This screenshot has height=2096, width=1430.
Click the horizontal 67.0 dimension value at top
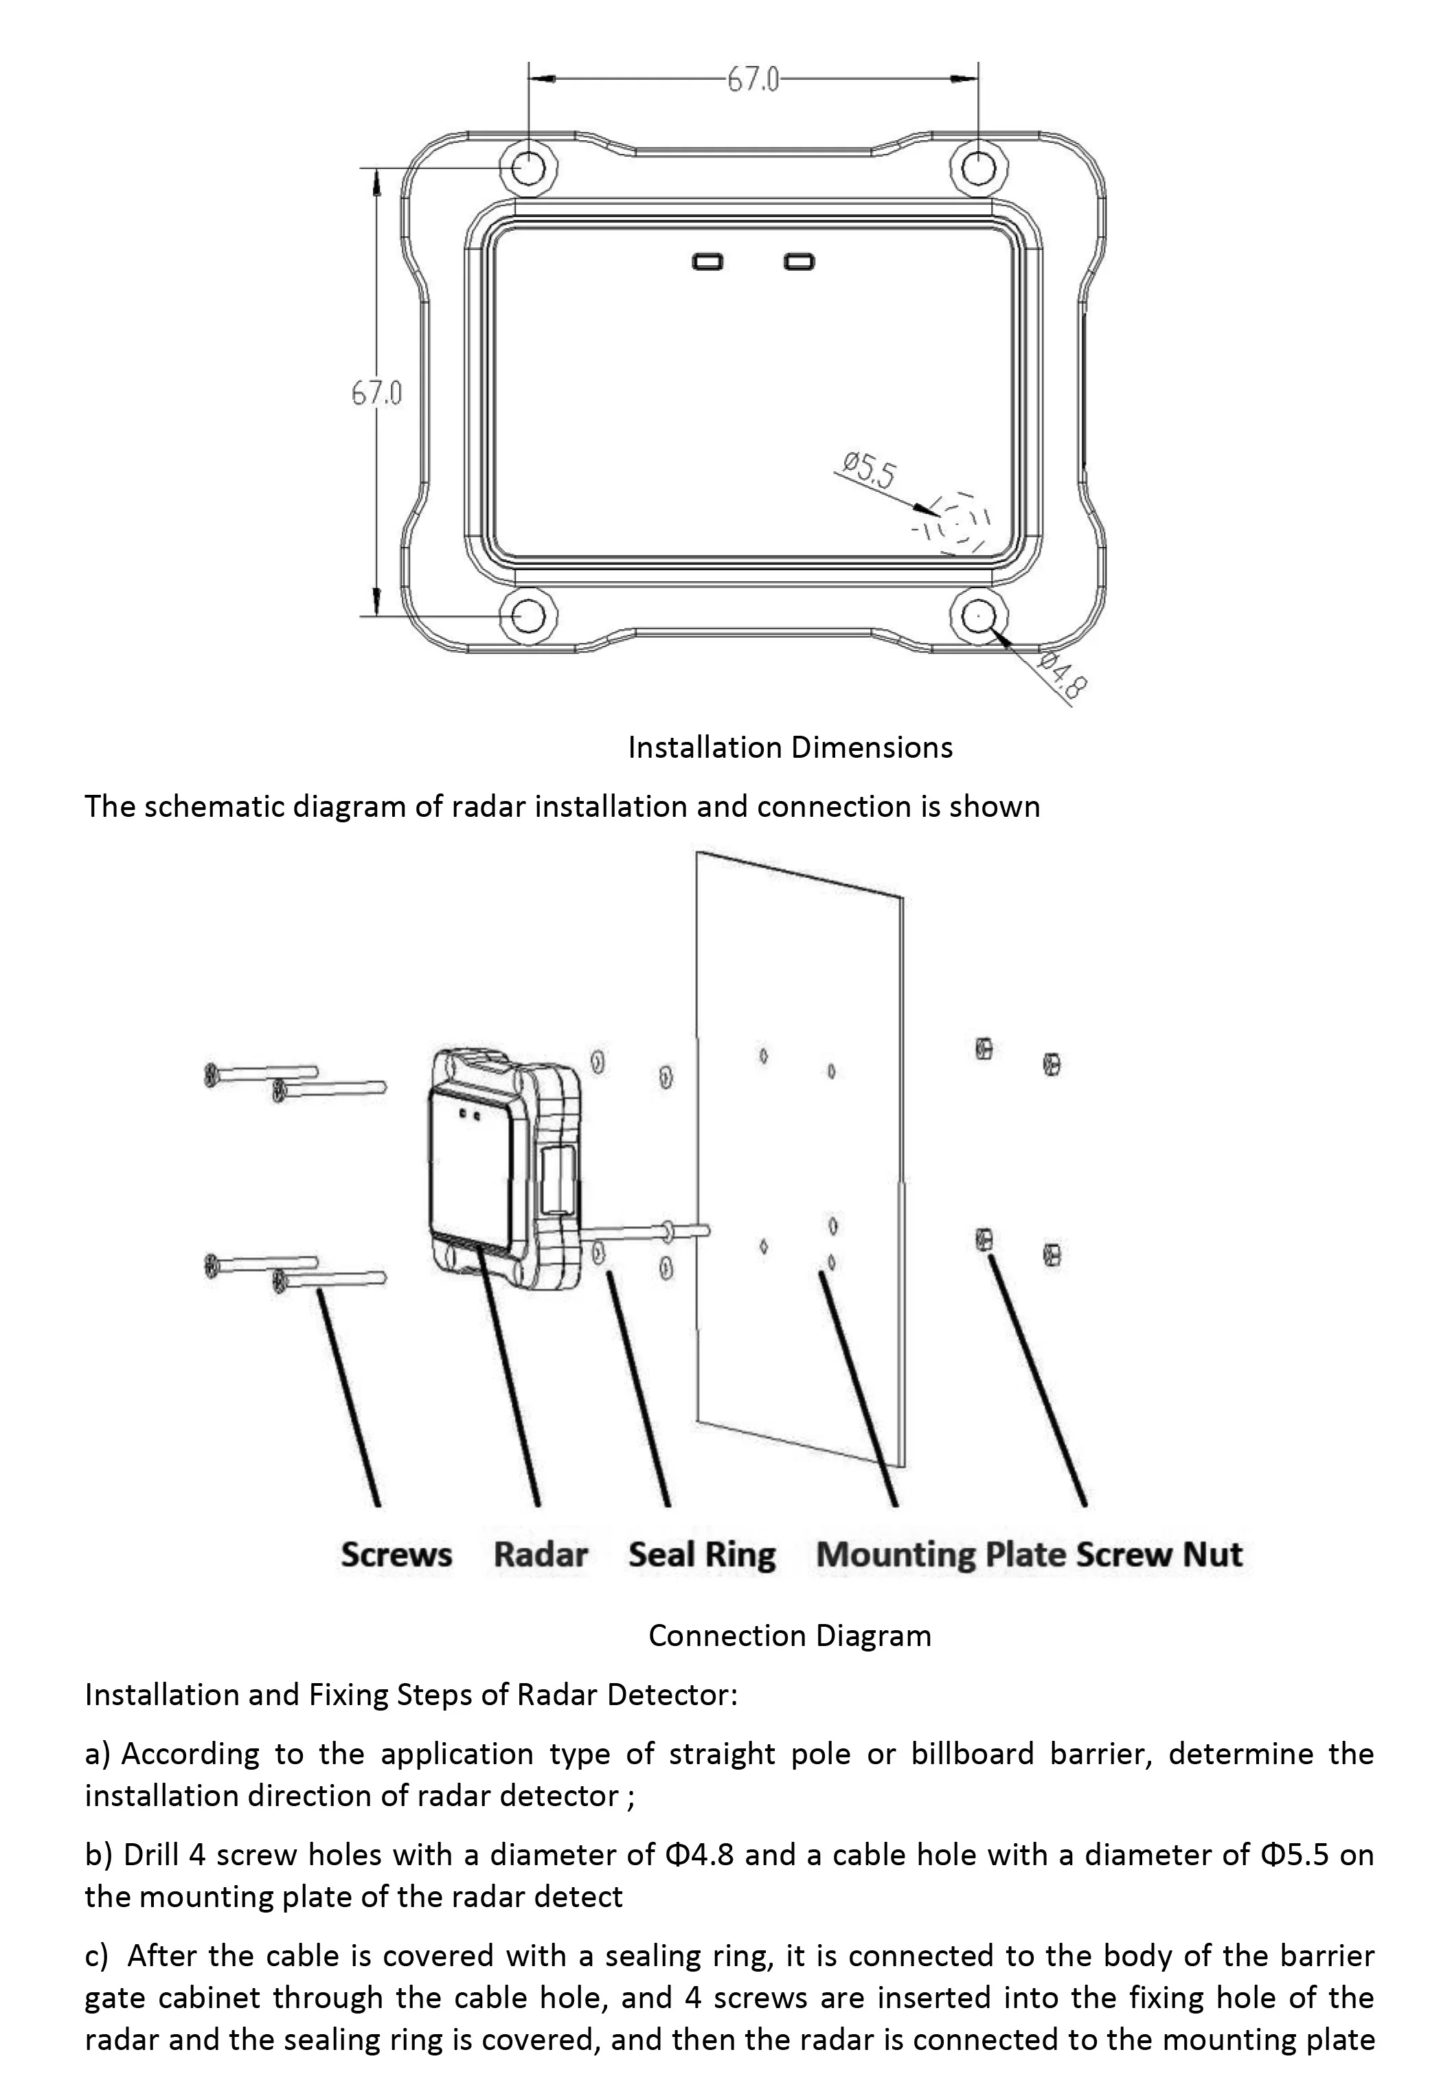pos(752,80)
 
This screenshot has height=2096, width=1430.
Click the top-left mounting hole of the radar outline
pos(527,167)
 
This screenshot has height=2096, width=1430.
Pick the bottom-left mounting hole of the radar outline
pos(527,616)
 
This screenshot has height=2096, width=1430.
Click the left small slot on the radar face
pos(707,262)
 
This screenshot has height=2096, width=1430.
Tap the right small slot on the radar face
pos(799,262)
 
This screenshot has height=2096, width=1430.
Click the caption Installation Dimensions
pos(790,747)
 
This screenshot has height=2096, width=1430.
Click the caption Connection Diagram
pos(789,1635)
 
